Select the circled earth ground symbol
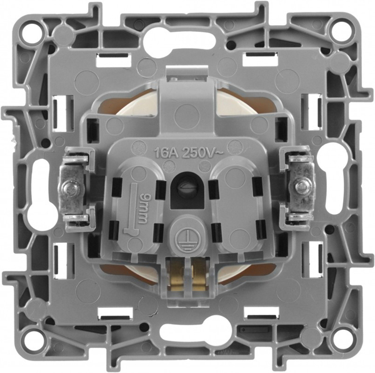click(x=184, y=233)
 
